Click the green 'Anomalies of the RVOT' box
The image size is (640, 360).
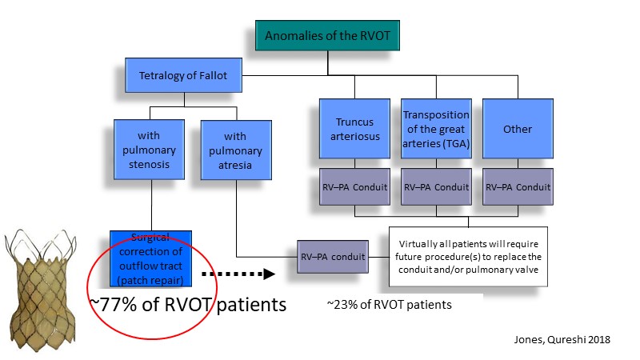[327, 35]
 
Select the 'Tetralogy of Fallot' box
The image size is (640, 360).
[183, 75]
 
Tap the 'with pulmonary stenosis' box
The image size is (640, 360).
[149, 150]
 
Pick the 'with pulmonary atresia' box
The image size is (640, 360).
[236, 150]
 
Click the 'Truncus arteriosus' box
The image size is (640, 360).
[354, 129]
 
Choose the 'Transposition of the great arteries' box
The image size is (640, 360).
[436, 129]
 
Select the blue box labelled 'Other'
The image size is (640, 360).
[518, 129]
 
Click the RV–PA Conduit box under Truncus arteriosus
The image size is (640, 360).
[354, 187]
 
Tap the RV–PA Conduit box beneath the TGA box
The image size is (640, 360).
[436, 187]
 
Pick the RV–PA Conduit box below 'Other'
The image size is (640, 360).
[518, 187]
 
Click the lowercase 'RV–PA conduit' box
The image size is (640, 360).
[333, 257]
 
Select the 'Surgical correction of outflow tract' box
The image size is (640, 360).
[150, 258]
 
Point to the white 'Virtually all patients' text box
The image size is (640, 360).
[468, 257]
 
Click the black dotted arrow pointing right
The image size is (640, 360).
[238, 274]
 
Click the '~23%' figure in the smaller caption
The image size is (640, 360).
[342, 305]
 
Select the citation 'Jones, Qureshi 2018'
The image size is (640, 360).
[562, 339]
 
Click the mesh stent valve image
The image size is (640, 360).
[42, 290]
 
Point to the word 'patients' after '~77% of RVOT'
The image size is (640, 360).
[251, 306]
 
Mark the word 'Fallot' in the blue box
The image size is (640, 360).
[213, 75]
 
